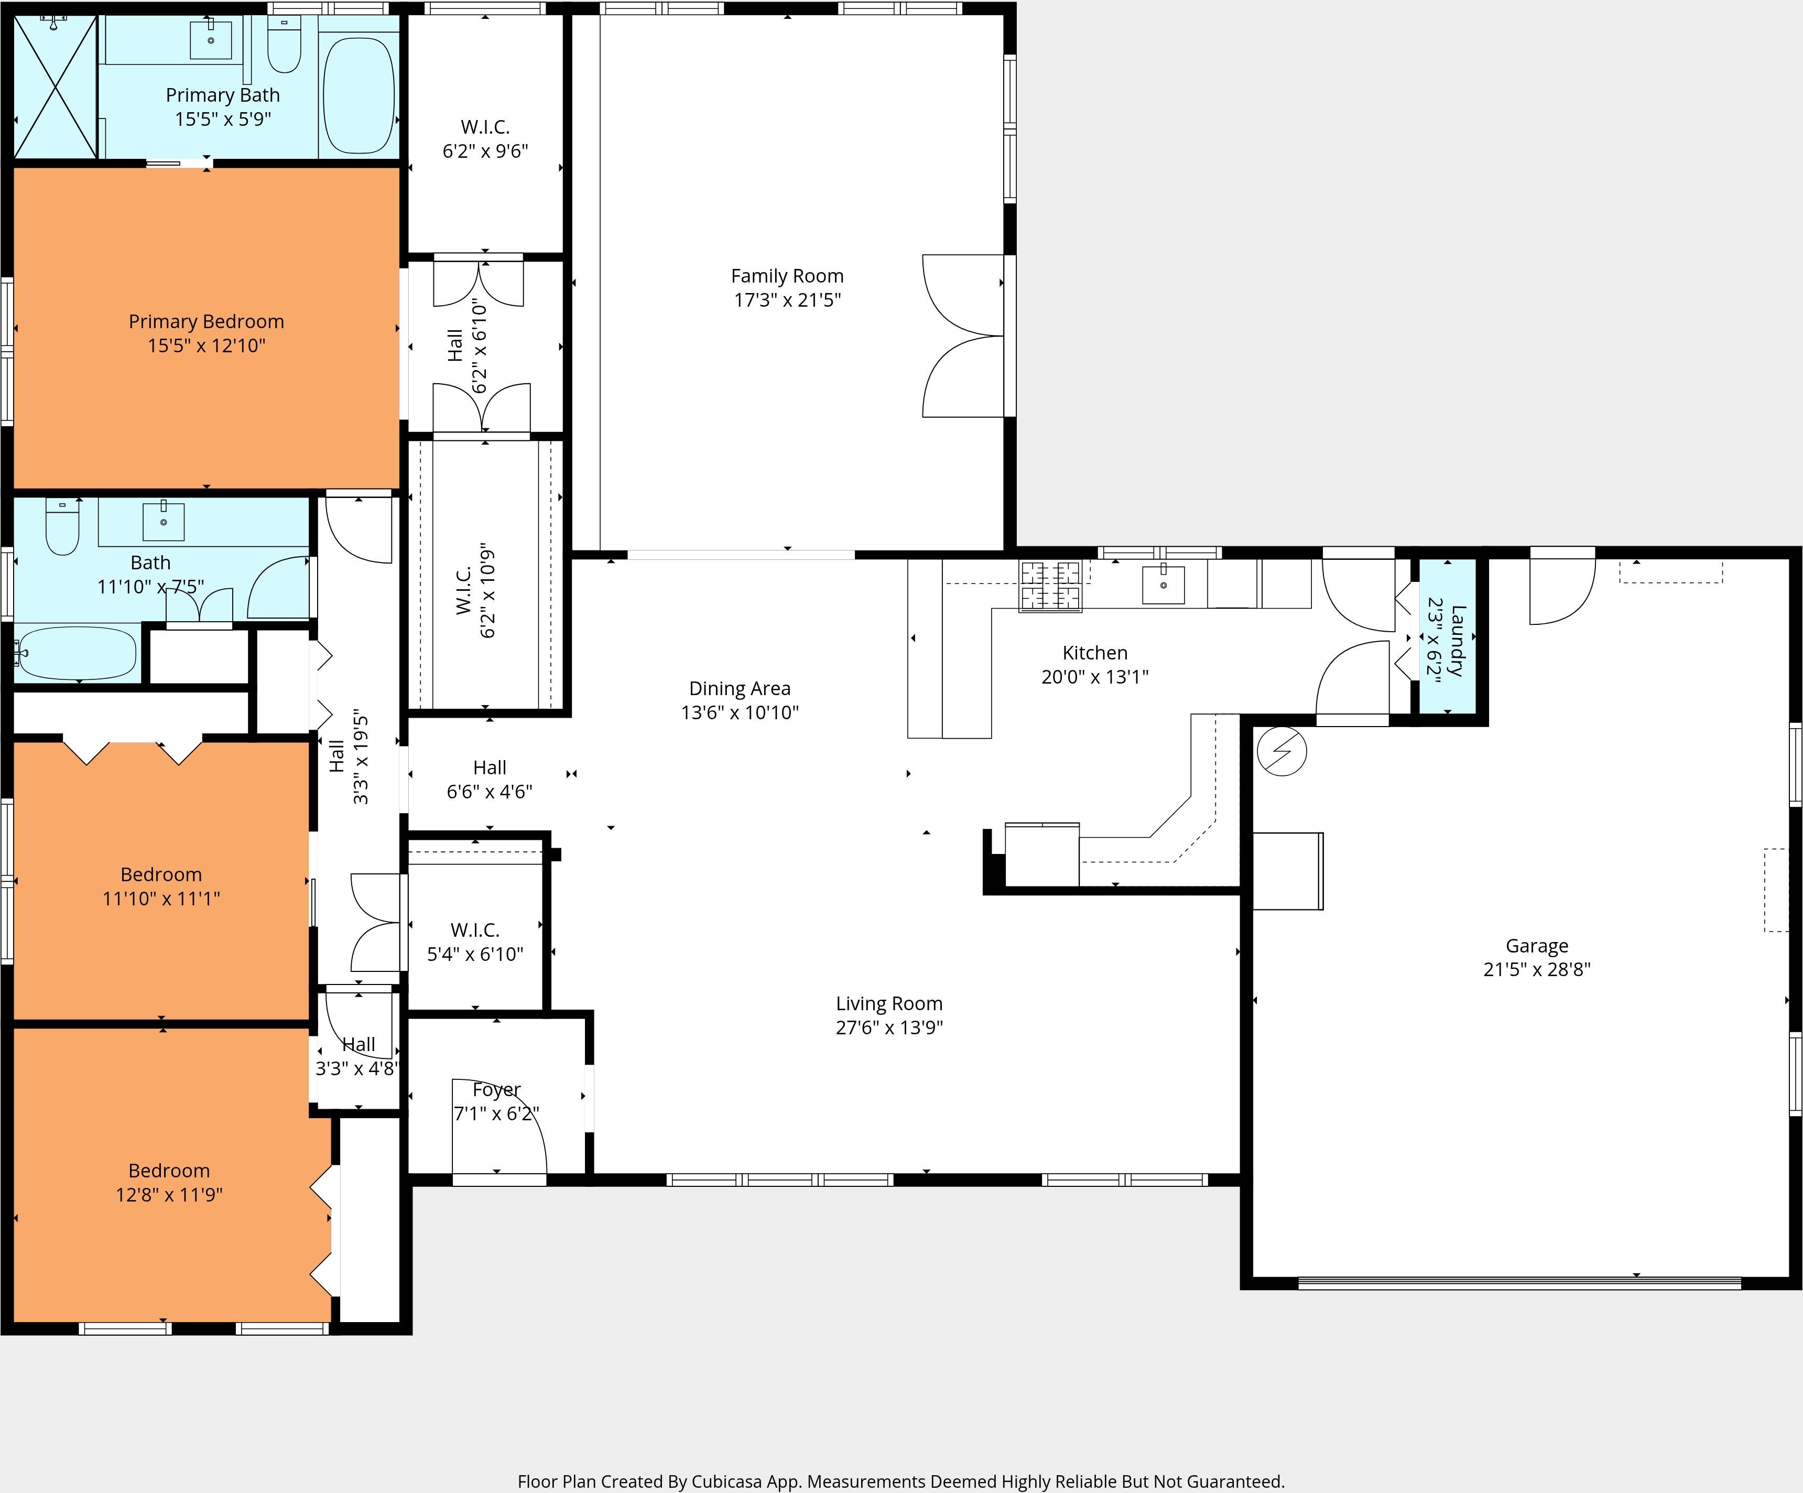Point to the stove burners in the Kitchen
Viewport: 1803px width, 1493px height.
pyautogui.click(x=1049, y=586)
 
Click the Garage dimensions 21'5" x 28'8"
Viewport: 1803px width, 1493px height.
pyautogui.click(x=1536, y=969)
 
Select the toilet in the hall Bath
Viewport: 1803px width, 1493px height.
pyautogui.click(x=62, y=527)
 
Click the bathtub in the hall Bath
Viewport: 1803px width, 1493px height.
pyautogui.click(x=77, y=653)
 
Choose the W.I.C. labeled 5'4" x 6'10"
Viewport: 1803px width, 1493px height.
pyautogui.click(x=475, y=942)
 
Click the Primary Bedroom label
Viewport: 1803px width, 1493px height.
pyautogui.click(x=206, y=322)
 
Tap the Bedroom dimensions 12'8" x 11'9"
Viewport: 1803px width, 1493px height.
pyautogui.click(x=169, y=1194)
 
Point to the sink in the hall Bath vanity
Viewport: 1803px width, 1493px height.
pyautogui.click(x=162, y=520)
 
